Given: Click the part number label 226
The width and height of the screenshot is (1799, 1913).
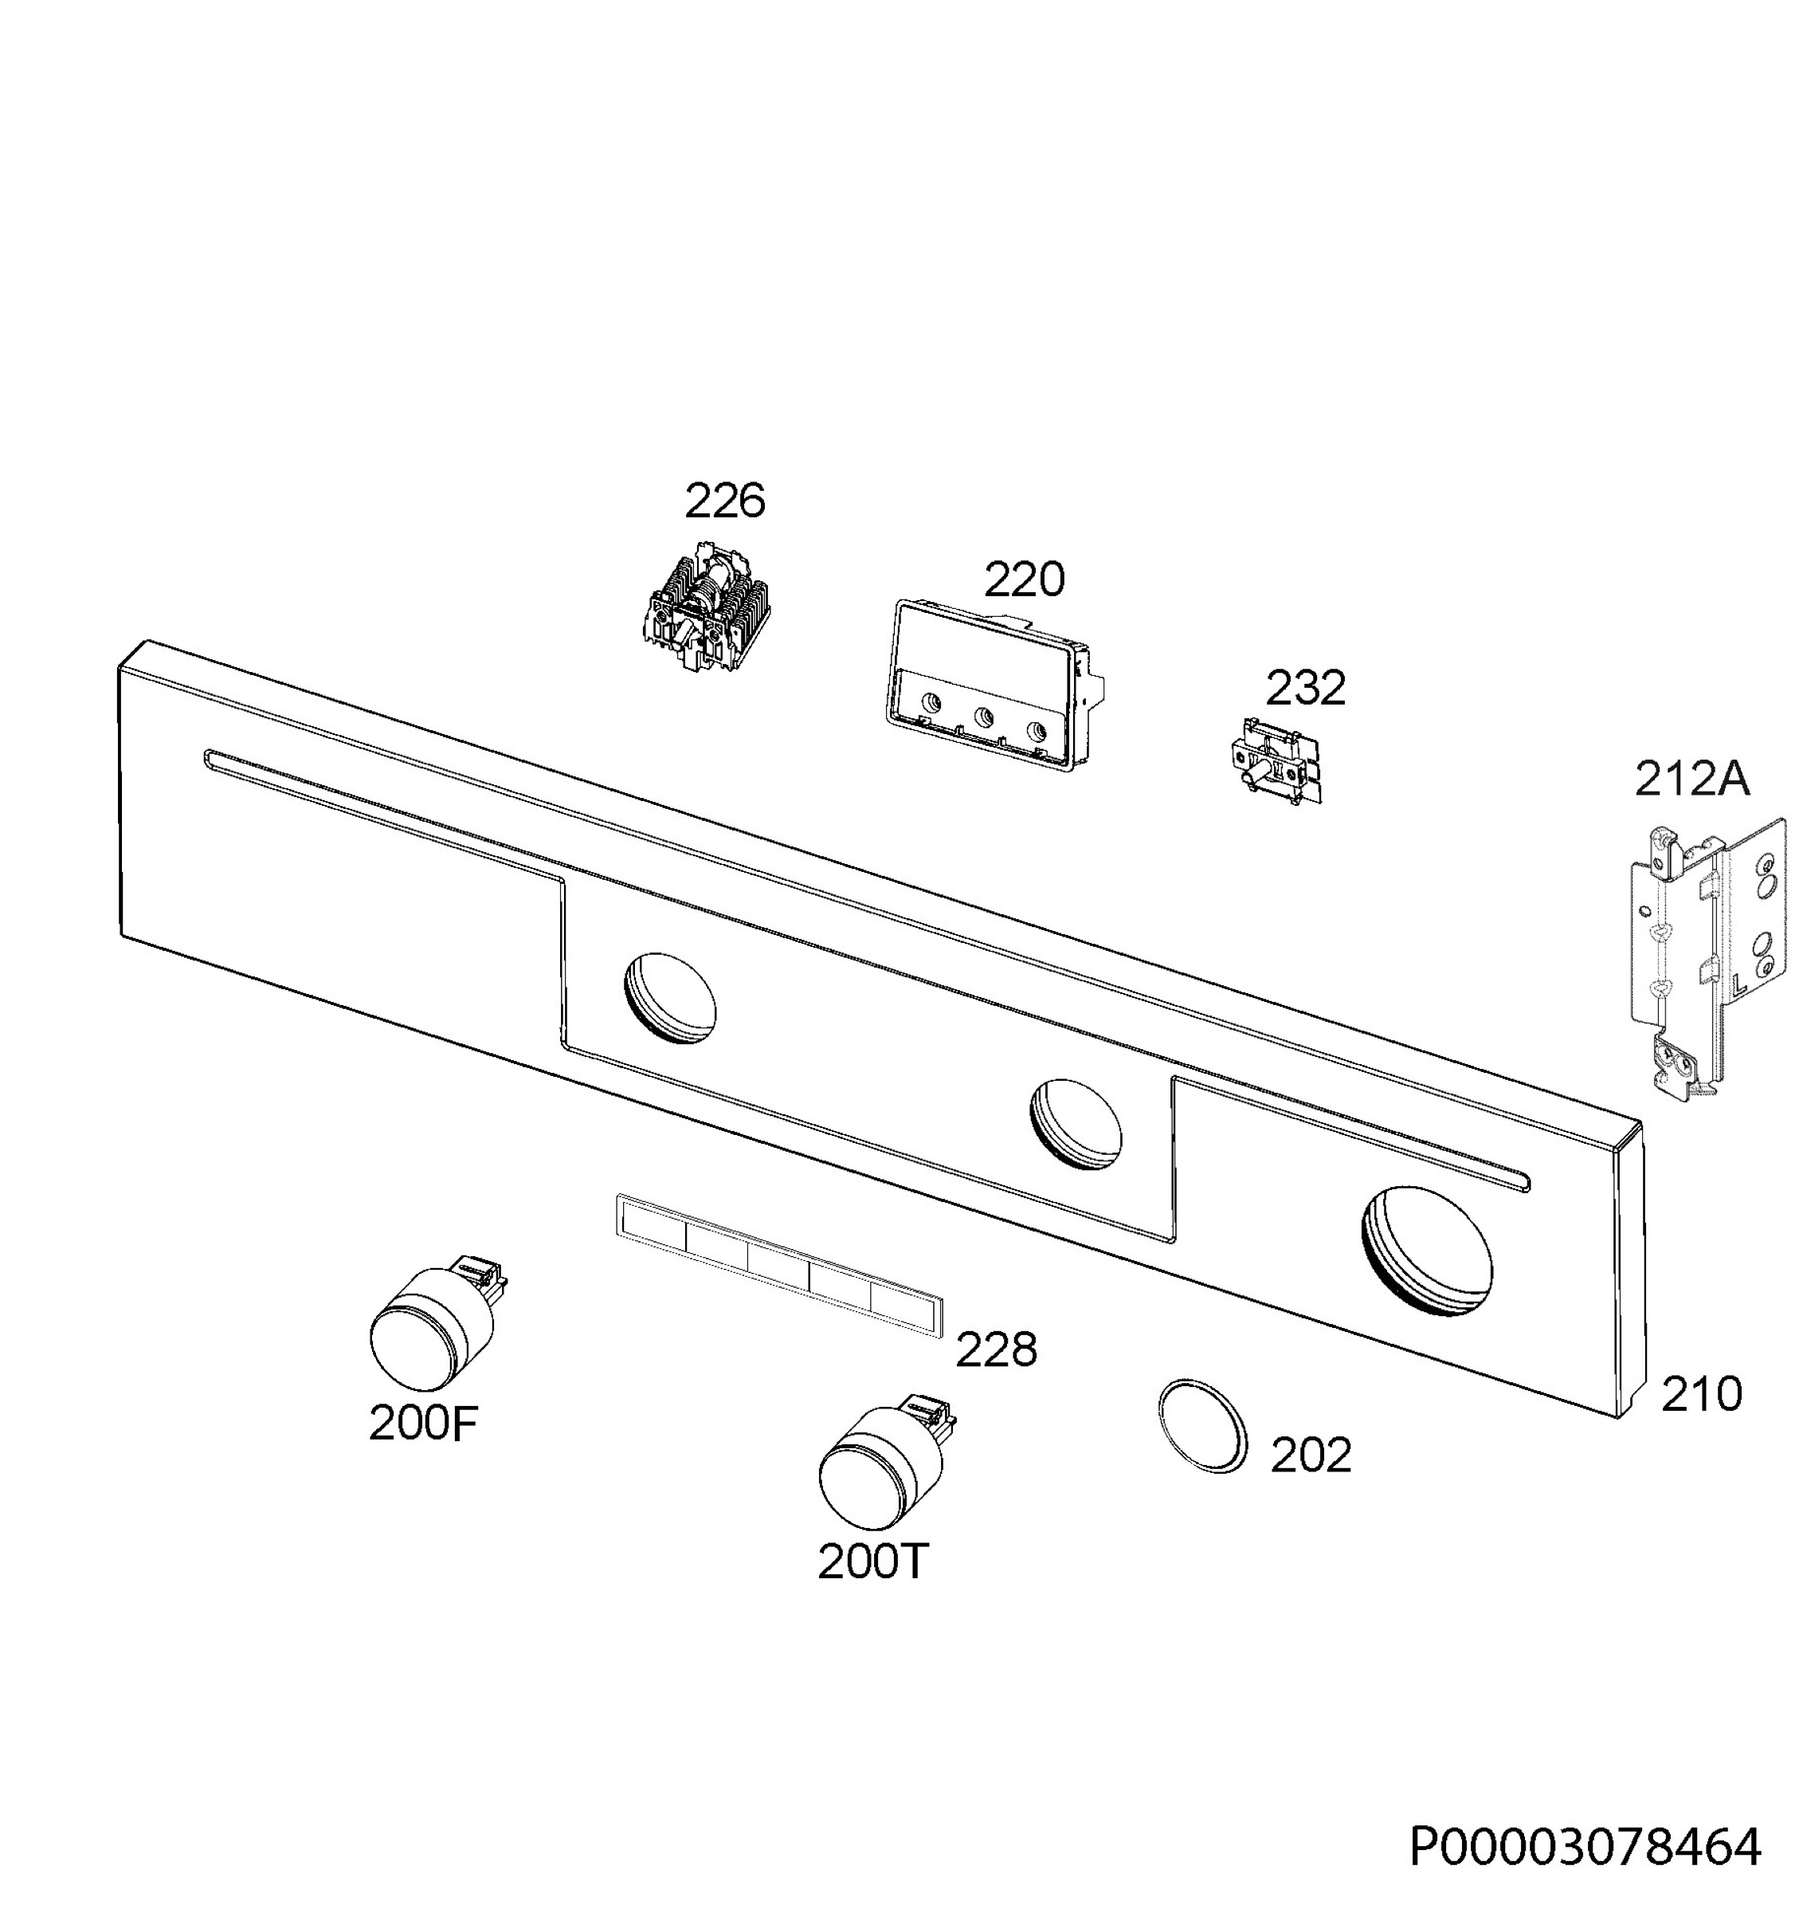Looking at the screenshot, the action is tap(724, 501).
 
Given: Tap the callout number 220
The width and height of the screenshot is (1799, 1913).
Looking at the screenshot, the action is tap(1024, 579).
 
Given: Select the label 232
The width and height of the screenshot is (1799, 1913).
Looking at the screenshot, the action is tap(1304, 688).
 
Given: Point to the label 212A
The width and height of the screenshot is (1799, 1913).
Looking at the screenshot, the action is tap(1691, 779).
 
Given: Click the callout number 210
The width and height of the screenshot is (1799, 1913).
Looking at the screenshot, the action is tap(1701, 1394).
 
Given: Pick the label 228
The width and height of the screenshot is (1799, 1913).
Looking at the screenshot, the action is tap(996, 1349).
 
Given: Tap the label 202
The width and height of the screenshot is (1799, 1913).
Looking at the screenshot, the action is tap(1311, 1455).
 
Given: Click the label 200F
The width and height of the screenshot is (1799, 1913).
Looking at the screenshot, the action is tap(423, 1424).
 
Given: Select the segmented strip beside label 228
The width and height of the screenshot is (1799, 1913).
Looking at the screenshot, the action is tap(778, 1264).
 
